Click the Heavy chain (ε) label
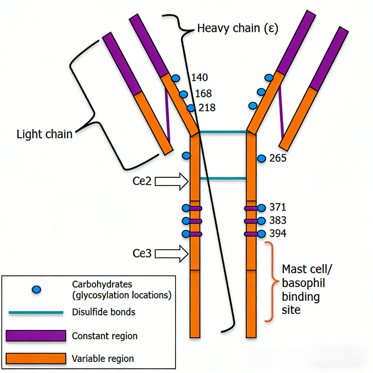click(x=238, y=28)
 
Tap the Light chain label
click(x=45, y=134)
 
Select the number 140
click(x=200, y=78)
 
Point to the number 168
click(x=203, y=94)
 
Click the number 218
click(x=207, y=108)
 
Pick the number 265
click(x=278, y=158)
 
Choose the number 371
click(x=278, y=207)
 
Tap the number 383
click(x=278, y=220)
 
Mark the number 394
click(x=278, y=233)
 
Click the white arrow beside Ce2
click(x=172, y=182)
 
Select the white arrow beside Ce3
click(x=172, y=254)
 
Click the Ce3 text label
click(x=142, y=254)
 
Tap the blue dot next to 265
click(x=261, y=159)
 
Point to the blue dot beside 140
click(x=176, y=78)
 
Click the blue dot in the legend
click(x=36, y=289)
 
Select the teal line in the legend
click(x=36, y=312)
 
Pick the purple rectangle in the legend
click(x=36, y=336)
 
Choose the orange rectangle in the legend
click(x=36, y=358)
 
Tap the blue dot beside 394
click(x=261, y=234)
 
